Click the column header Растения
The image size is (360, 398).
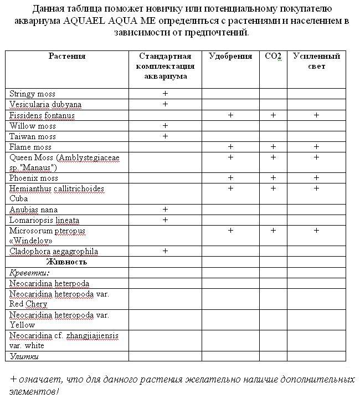67,56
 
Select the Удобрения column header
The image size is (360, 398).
230,56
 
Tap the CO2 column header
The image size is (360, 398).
273,56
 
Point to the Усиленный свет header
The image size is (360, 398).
316,61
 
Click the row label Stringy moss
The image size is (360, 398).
33,94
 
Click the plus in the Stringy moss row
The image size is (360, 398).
165,94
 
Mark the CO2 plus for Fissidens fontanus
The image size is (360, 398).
273,115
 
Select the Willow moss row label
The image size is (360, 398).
33,126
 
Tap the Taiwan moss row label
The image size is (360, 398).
33,136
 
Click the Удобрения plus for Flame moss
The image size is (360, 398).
230,147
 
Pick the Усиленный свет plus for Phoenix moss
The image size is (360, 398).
316,178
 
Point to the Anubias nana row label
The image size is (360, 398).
33,210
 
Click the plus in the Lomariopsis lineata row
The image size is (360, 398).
165,220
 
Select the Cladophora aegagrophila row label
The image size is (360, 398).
54,251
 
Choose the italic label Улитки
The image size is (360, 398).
23,355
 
